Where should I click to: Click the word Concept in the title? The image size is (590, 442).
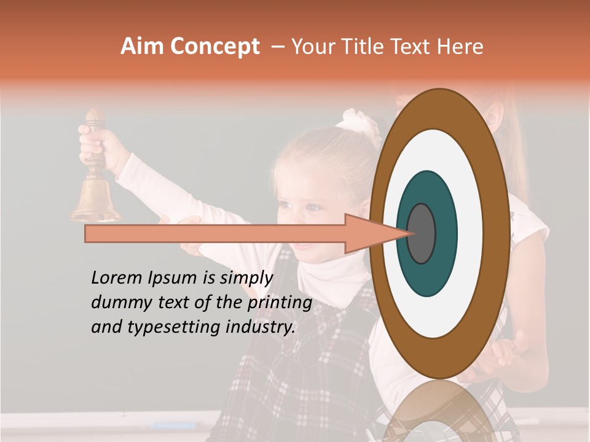(x=214, y=47)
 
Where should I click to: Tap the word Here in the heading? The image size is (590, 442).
(x=460, y=47)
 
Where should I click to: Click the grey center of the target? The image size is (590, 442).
(x=422, y=234)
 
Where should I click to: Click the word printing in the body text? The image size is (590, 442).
(x=280, y=303)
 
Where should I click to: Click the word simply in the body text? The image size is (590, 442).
(x=246, y=278)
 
